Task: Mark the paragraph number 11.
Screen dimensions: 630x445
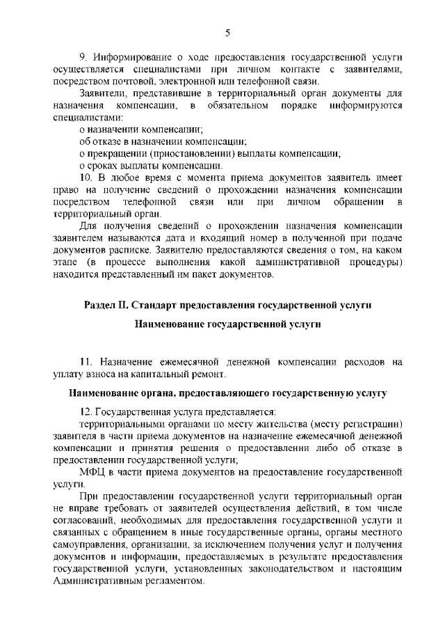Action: pos(86,362)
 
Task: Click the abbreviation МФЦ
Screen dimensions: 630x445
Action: pos(91,472)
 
